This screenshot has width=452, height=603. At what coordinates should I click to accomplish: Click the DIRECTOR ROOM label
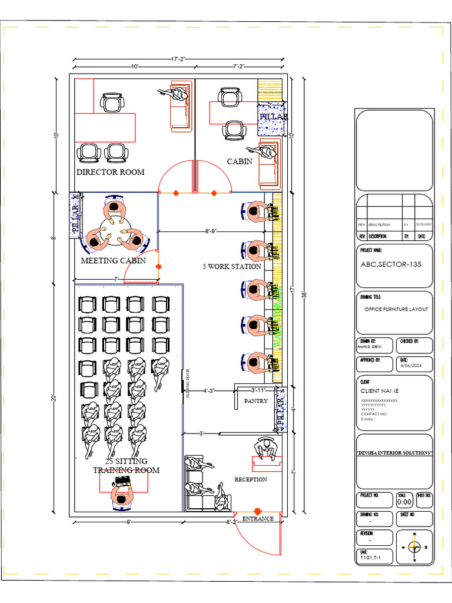[111, 172]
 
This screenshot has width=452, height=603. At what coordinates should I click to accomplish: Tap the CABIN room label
[240, 161]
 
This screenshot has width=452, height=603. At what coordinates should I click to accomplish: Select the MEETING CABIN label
[113, 260]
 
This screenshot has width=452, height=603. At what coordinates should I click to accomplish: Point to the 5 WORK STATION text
[232, 266]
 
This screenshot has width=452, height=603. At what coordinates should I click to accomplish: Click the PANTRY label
[256, 400]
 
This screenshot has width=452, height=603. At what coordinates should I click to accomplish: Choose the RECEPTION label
[251, 479]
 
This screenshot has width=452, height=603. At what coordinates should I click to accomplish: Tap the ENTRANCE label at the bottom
[258, 519]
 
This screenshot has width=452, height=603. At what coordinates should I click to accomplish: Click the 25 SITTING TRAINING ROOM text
[126, 465]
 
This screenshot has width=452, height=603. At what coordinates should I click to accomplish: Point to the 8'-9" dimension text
[212, 231]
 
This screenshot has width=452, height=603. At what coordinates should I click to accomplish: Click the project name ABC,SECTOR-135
[391, 264]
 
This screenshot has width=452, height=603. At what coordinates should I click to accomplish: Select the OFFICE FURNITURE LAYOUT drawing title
[395, 309]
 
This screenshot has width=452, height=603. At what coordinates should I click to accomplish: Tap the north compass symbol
[415, 547]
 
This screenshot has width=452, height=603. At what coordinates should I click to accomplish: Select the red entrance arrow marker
[257, 512]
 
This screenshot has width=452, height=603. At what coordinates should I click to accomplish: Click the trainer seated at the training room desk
[122, 496]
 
